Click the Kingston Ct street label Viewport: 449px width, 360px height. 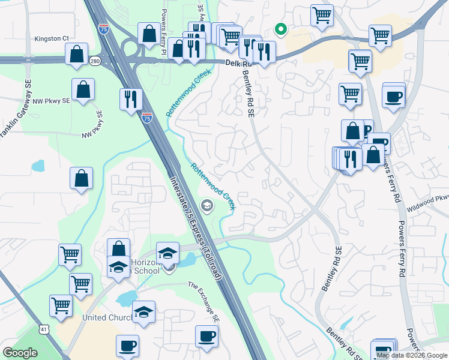(x=52, y=38)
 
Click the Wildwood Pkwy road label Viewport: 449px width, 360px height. (x=427, y=197)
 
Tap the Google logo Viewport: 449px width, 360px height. (x=20, y=353)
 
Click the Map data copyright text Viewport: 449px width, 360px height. (x=412, y=355)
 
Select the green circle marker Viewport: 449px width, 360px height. (x=280, y=28)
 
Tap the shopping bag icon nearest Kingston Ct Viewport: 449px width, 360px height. (x=76, y=54)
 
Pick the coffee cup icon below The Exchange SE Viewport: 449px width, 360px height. (x=206, y=336)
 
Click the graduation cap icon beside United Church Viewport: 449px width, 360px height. (x=143, y=312)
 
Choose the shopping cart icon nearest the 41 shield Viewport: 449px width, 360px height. (x=61, y=306)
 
